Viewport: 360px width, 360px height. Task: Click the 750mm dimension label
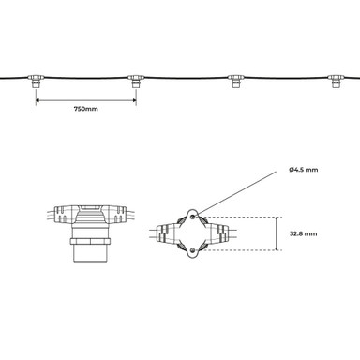pos(85,109)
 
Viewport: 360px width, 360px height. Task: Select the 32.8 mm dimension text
pos(303,232)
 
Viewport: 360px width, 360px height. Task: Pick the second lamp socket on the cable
pos(137,80)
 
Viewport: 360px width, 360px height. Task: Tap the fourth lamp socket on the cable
pos(336,80)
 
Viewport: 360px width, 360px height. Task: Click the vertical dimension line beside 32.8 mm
pos(278,232)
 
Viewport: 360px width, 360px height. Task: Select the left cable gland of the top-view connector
pos(167,232)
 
